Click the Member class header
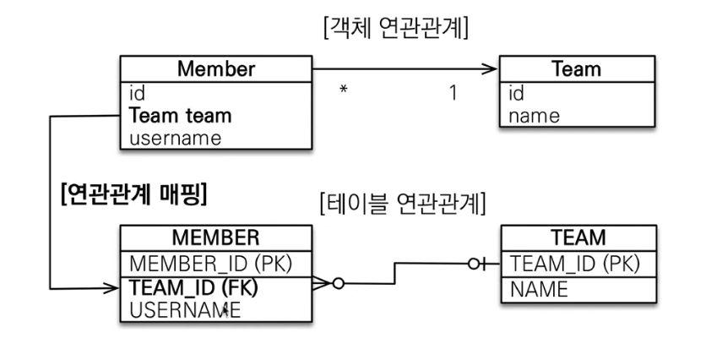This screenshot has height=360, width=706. point(215,69)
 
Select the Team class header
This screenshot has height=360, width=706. point(576,69)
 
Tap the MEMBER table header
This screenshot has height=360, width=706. point(215,237)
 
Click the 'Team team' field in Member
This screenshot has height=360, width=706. point(181,115)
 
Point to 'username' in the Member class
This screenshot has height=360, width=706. point(176,137)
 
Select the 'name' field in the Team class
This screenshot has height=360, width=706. point(534,115)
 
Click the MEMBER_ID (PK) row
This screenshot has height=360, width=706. point(210,263)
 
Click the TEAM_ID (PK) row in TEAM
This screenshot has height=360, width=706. point(575,264)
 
